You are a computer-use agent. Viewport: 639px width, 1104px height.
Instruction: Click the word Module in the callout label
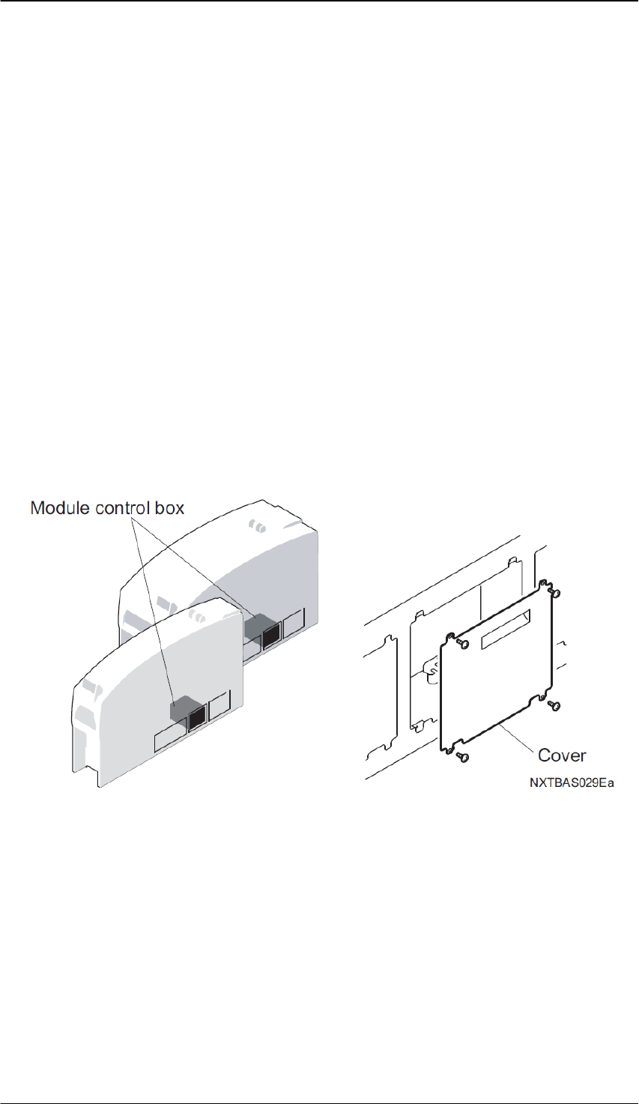(60, 508)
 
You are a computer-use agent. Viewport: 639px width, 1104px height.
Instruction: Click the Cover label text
(562, 755)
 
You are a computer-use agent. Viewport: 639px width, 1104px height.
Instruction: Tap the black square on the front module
(197, 719)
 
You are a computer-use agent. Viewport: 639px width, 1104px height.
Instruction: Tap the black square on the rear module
(270, 633)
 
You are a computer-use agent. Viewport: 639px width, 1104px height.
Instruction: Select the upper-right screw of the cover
(556, 592)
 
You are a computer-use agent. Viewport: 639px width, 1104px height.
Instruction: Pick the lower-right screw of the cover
(555, 705)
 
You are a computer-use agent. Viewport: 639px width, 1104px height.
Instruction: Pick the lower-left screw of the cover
(462, 758)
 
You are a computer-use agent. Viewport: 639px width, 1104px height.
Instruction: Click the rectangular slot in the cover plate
(506, 629)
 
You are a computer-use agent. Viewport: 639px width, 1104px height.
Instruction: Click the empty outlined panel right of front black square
(219, 707)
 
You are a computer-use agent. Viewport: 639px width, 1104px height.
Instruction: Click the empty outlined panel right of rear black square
(294, 621)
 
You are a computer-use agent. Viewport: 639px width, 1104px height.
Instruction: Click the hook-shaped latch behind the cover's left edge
(431, 674)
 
